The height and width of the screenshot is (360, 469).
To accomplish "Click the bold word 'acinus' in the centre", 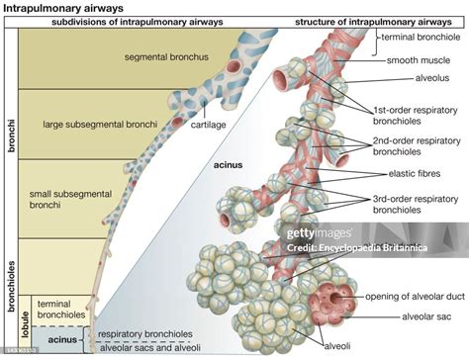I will pyautogui.click(x=231, y=167).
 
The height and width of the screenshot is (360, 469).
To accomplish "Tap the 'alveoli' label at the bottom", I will pyautogui.click(x=338, y=345).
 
